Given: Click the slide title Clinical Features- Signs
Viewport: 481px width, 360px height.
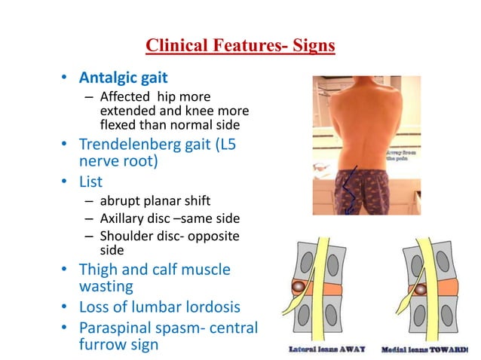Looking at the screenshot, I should point(240,47).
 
